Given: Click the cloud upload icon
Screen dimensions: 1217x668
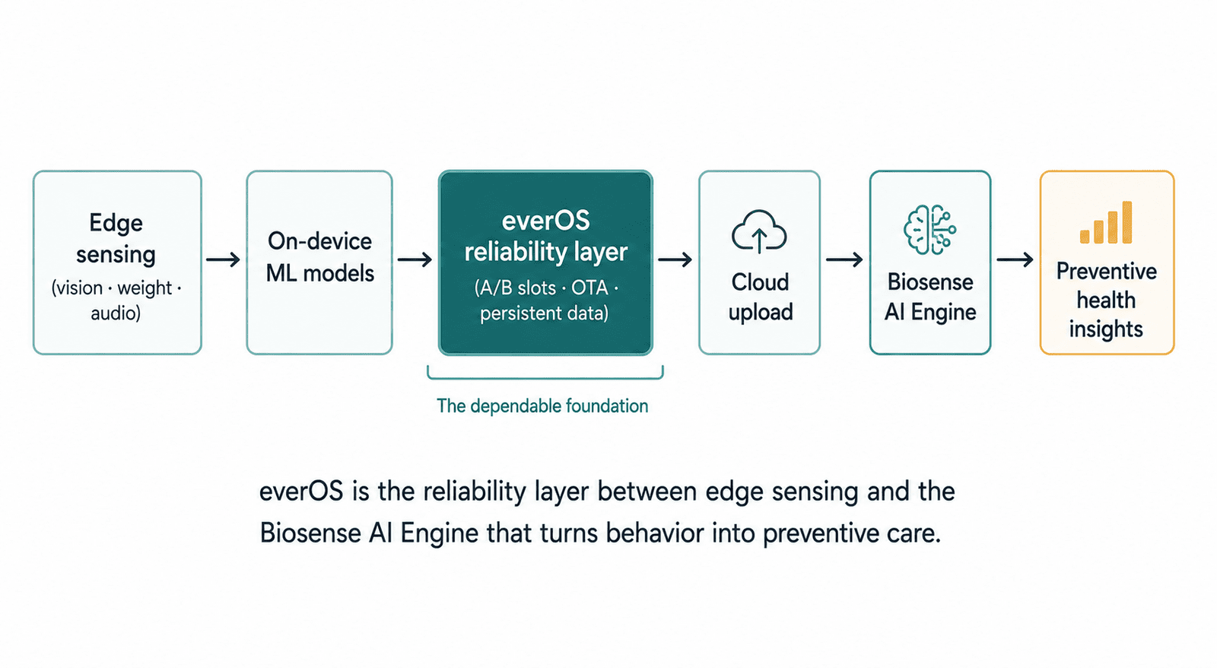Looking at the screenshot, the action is click(759, 232).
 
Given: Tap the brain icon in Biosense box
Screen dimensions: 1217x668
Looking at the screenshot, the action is click(929, 230).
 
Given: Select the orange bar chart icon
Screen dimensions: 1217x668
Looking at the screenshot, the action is click(1106, 222).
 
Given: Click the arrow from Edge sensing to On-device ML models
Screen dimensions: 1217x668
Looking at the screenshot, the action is click(224, 259).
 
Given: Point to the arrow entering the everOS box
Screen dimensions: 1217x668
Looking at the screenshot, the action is click(415, 259).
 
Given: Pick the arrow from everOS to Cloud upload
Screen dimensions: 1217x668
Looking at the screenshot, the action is click(675, 259).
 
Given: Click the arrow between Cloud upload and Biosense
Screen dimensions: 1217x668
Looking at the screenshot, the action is click(844, 259).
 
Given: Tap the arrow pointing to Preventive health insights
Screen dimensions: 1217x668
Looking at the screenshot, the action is click(1015, 259).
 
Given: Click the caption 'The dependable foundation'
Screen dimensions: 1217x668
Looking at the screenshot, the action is click(542, 406).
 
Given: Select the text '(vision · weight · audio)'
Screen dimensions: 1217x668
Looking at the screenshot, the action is click(116, 300).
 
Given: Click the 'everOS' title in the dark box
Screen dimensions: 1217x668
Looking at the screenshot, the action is click(545, 221).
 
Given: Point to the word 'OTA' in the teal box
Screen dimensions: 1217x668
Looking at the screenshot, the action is click(589, 288).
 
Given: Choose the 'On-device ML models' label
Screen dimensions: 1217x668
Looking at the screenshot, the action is click(319, 257).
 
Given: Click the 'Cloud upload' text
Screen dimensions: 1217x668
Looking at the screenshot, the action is click(760, 297).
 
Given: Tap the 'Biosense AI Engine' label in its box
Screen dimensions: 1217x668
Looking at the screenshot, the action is click(930, 297).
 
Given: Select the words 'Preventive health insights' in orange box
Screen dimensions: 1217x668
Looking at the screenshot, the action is click(1106, 300).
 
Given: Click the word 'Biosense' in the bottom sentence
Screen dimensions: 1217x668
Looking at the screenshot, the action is click(310, 533).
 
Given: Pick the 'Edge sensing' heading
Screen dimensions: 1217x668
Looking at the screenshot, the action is click(116, 239).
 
